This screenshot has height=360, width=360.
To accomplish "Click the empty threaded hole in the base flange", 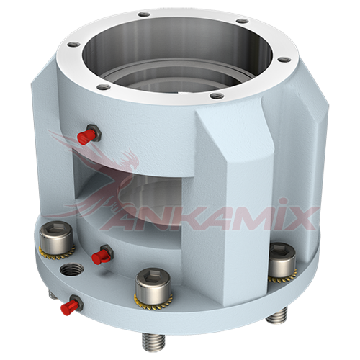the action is tap(71, 270).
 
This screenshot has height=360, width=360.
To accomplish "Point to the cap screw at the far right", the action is tap(282, 261).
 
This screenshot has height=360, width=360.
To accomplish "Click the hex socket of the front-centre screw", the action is tap(153, 276).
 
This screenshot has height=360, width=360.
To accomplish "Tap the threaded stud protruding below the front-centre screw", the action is tap(153, 341).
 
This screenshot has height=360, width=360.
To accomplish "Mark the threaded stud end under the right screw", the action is tap(277, 315).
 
